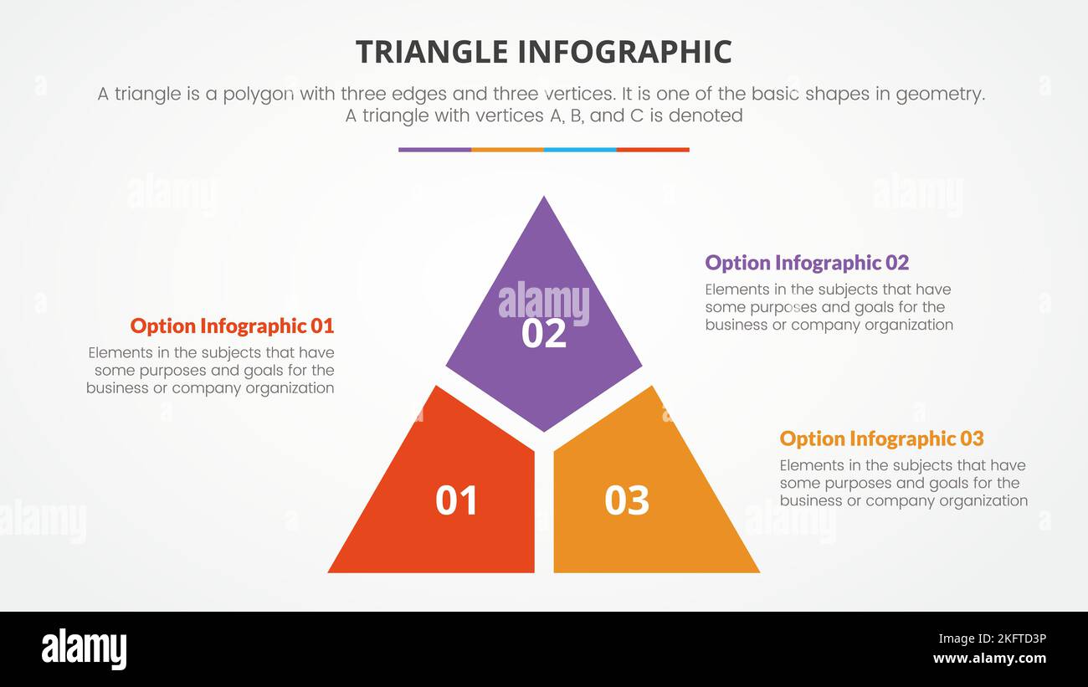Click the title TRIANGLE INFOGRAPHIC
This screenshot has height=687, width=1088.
543,52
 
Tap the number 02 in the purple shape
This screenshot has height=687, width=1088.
543,333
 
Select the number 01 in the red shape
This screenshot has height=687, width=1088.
456,500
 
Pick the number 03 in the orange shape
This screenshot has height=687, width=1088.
627,500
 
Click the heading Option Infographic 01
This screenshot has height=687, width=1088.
232,326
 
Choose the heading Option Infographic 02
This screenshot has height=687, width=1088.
806,263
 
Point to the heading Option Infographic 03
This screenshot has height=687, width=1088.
881,438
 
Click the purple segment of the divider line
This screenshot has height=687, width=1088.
434,150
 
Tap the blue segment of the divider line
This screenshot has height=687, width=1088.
580,150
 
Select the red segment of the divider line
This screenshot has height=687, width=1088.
653,150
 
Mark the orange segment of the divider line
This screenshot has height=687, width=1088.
507,150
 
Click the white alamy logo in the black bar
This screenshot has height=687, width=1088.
84,649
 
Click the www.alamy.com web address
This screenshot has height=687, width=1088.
989,659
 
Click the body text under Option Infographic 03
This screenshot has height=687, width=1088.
903,483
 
